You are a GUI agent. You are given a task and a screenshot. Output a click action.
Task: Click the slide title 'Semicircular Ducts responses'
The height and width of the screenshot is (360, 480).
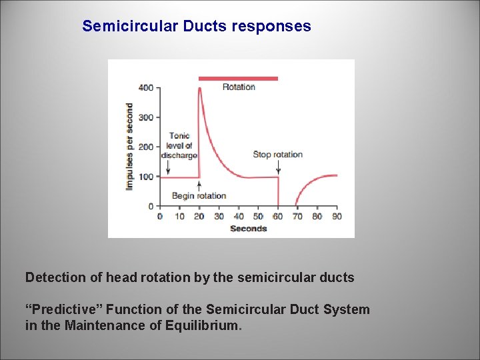pos(196,27)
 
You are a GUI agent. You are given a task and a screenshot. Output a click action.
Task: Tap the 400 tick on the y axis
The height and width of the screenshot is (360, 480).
pos(146,88)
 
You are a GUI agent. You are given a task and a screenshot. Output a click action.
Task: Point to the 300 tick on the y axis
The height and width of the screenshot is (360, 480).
pos(146,117)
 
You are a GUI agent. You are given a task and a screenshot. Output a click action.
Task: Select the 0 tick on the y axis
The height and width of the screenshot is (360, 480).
pos(151,206)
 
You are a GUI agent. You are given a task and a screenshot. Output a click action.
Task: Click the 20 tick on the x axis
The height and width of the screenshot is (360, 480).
pos(199,217)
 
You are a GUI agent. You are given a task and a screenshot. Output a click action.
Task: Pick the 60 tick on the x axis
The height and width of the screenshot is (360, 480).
pos(277,217)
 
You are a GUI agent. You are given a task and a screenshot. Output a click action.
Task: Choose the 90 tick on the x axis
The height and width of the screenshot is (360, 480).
pos(337,217)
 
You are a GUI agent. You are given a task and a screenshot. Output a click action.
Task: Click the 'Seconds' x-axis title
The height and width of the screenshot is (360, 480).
pos(248,229)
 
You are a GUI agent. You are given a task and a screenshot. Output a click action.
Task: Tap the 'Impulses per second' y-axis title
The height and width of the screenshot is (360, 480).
pos(129,145)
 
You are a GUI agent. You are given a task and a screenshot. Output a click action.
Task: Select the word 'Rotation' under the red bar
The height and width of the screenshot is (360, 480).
pos(239,87)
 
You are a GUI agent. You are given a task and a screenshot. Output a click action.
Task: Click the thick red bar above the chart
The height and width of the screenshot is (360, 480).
pos(238,78)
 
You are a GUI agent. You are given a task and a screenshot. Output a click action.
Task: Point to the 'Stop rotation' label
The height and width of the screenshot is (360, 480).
pos(277,155)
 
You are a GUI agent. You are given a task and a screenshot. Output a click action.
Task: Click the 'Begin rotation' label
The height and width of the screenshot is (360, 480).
pos(199,196)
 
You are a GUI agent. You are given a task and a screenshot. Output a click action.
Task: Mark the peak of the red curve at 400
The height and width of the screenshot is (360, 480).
pos(200,89)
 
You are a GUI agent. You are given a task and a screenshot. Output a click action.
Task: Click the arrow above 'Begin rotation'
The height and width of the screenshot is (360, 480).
pos(199,184)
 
